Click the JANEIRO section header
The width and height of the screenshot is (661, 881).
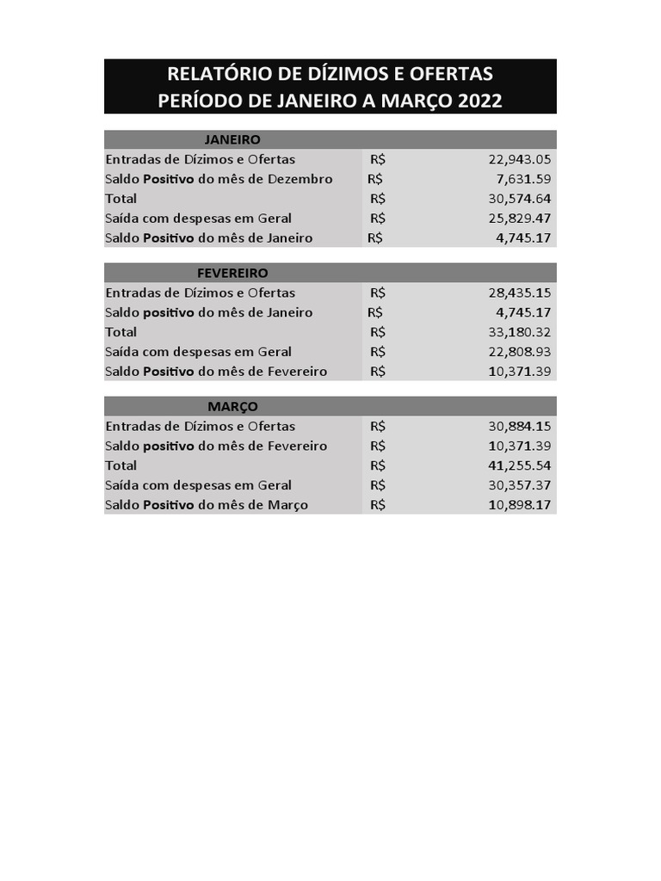232,139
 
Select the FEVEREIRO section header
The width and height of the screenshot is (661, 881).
232,273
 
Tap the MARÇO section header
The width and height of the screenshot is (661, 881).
232,406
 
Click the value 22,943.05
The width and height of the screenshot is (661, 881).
519,159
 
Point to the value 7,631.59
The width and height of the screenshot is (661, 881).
523,179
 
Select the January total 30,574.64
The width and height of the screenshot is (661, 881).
519,199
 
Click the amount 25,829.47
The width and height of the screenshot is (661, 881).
519,219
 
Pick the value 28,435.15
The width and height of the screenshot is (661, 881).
519,293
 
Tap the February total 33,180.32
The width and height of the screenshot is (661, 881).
519,332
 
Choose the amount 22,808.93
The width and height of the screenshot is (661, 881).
519,352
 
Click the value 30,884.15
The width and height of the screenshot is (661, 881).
519,426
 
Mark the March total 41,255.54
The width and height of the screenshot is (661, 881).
519,465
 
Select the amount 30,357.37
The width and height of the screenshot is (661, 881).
519,485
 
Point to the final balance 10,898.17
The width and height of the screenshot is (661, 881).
519,505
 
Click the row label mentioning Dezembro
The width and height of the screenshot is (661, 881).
219,179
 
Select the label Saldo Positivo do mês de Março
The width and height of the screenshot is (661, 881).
207,505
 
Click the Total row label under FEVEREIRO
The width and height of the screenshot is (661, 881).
120,332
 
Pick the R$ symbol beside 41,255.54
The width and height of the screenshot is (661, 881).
378,465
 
